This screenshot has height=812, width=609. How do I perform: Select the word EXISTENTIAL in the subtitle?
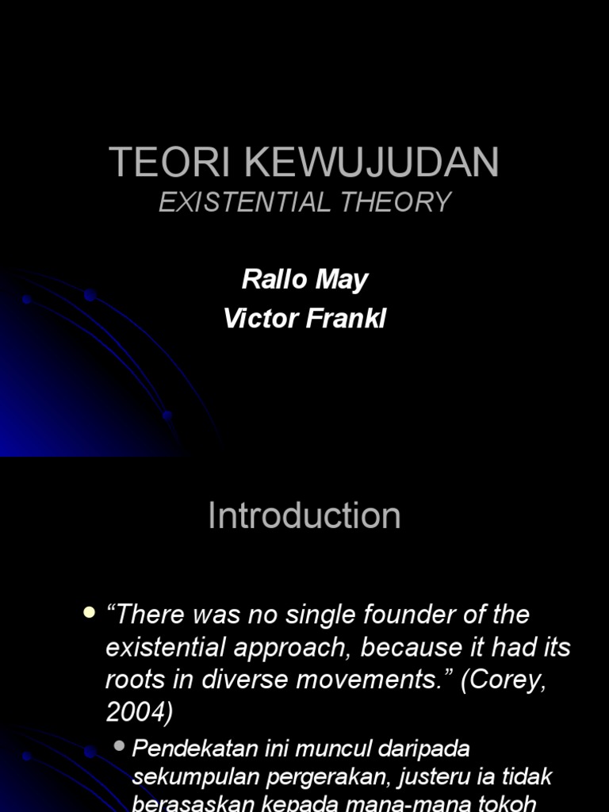244,203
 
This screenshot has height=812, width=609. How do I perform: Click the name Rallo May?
304,279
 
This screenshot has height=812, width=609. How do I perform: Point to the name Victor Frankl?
304,319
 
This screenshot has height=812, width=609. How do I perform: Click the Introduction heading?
304,515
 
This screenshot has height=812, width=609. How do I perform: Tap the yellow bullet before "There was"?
88,612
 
